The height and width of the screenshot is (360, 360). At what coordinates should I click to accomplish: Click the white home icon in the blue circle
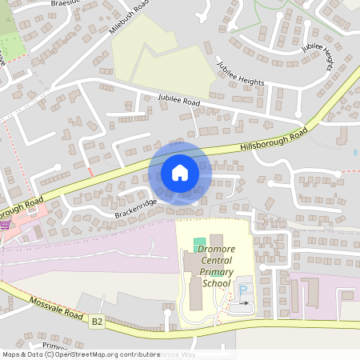pyautogui.click(x=180, y=172)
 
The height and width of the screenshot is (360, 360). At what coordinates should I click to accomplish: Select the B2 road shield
pyautogui.click(x=97, y=321)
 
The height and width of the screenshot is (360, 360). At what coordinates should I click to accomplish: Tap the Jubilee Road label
pyautogui.click(x=178, y=99)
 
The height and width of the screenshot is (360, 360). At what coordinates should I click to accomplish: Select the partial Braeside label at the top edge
pyautogui.click(x=67, y=3)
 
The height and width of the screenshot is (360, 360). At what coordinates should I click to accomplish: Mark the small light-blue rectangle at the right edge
pyautogui.click(x=354, y=151)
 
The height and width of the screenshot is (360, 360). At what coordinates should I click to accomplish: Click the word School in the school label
pyautogui.click(x=215, y=282)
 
